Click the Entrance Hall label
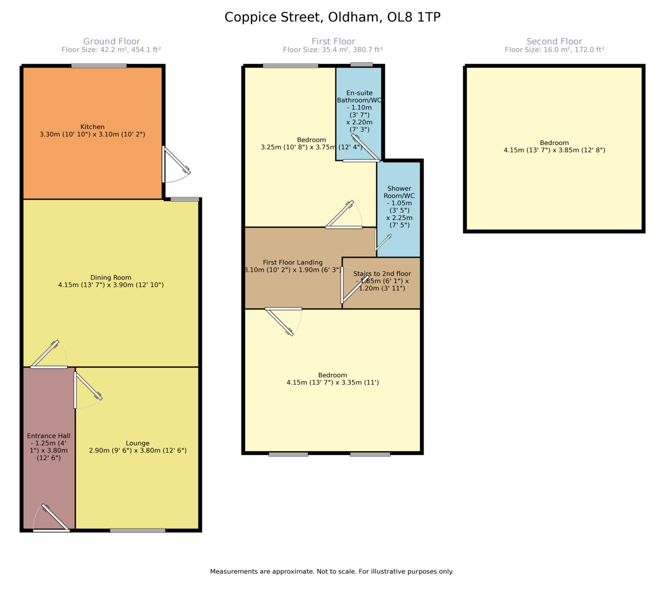click(48, 446)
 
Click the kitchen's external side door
click(176, 164)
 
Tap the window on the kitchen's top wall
click(99, 66)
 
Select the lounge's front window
click(138, 531)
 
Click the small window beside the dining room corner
click(185, 199)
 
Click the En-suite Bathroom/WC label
click(359, 111)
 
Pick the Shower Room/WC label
click(399, 207)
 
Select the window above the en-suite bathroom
click(361, 64)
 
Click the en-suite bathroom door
click(365, 148)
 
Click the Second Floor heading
click(555, 41)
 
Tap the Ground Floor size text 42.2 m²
click(111, 50)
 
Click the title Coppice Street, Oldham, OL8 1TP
click(333, 17)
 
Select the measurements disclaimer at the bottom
click(332, 571)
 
